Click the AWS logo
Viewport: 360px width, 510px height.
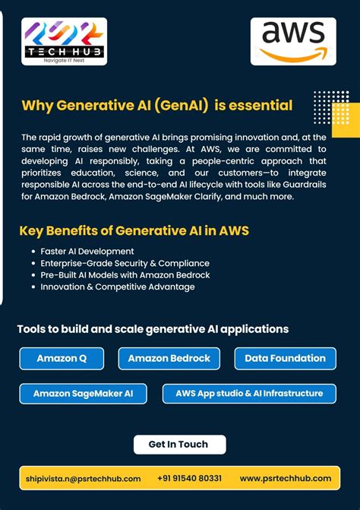point(293,41)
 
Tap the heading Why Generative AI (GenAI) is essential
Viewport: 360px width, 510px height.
point(157,105)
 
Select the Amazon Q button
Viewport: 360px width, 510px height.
point(62,358)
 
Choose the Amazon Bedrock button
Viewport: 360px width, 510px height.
point(169,358)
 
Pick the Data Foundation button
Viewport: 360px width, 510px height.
point(285,358)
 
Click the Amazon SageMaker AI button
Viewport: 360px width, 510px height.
point(83,394)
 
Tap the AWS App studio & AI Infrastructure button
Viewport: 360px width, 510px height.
point(249,394)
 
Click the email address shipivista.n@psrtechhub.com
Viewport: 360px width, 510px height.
point(84,478)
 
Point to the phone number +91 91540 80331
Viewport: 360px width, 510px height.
point(190,478)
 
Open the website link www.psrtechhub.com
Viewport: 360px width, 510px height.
point(286,478)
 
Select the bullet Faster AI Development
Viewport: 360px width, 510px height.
point(87,251)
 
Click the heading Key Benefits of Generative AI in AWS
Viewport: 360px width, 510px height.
point(134,231)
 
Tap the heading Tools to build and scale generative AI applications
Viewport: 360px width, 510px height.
point(153,329)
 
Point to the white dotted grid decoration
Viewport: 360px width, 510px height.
point(331,107)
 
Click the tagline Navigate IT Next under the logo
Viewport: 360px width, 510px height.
point(64,59)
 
